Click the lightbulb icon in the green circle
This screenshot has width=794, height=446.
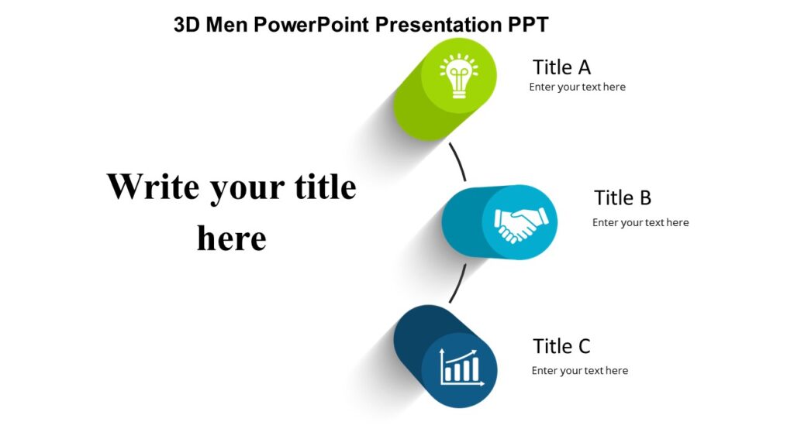click(x=458, y=76)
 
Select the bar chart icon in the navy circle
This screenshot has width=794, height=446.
click(x=461, y=366)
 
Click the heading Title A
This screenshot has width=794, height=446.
click(x=561, y=67)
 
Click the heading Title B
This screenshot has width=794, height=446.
click(x=623, y=197)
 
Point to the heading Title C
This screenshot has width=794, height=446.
click(x=561, y=346)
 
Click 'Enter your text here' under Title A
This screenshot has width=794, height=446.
click(x=577, y=87)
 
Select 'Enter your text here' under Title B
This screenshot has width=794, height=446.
click(x=640, y=223)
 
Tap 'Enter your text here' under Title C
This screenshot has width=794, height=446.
click(x=579, y=371)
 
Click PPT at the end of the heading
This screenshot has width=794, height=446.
click(x=528, y=25)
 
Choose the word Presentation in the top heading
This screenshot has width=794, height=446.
click(x=440, y=25)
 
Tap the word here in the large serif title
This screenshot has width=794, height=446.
click(x=231, y=238)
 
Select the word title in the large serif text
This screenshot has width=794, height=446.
click(x=325, y=187)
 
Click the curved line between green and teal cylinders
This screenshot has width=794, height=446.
click(x=459, y=161)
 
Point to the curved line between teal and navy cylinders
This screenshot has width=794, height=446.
click(x=458, y=284)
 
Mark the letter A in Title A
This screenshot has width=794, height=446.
click(x=584, y=67)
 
